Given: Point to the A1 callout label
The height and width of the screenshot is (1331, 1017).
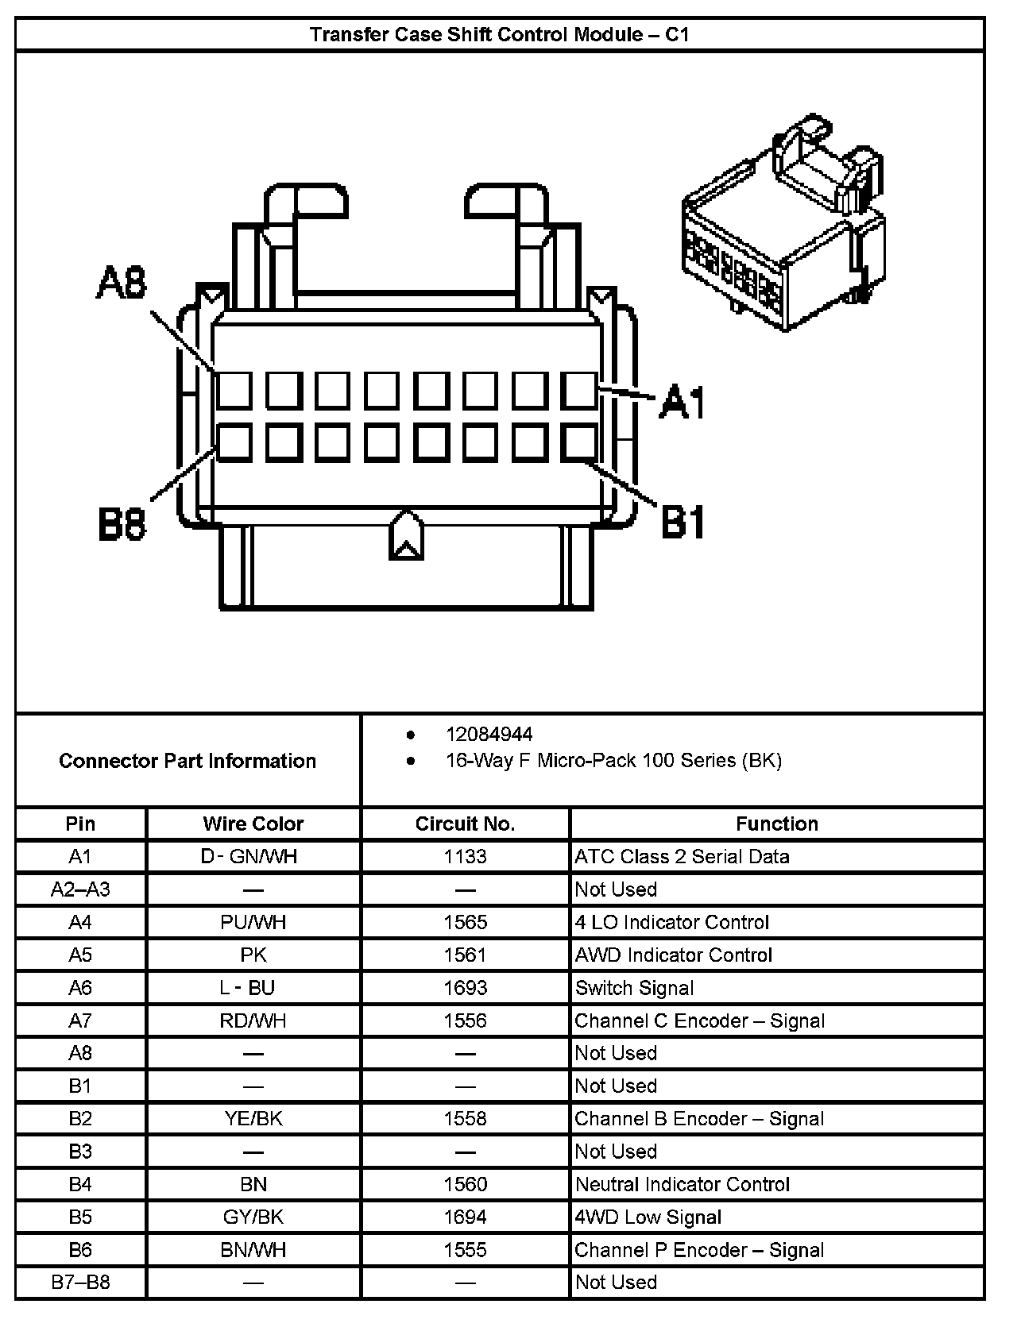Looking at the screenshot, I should coord(683,402).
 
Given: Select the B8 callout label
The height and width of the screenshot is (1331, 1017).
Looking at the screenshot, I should coord(122,523).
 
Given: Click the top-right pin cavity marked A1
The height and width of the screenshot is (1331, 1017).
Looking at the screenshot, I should coord(579,391).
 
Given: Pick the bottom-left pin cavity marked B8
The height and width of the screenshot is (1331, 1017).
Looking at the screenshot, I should coord(234,443).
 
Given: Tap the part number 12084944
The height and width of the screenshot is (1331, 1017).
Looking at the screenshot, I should coord(489,735).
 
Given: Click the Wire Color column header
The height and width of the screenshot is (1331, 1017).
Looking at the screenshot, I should coord(253,824).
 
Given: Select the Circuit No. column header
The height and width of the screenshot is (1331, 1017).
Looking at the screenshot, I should coord(465,824).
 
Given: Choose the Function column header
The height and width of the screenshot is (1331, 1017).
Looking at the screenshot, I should coord(776,824).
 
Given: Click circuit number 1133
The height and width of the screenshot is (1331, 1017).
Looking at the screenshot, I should coord(465,856).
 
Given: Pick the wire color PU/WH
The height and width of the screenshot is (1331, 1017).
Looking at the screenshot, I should coord(253,922).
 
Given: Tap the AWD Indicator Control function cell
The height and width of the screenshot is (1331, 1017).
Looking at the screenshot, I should coord(673,955).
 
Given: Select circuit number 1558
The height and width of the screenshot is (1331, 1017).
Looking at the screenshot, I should coord(465,1119).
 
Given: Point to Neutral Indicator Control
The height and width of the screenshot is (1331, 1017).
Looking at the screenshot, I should coord(682,1184).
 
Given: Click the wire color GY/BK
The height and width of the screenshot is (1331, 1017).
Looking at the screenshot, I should coord(253,1217).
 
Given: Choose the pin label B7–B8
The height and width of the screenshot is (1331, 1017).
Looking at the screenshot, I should coord(80,1283).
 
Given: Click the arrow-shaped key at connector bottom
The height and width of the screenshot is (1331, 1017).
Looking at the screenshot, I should coord(406,535).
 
